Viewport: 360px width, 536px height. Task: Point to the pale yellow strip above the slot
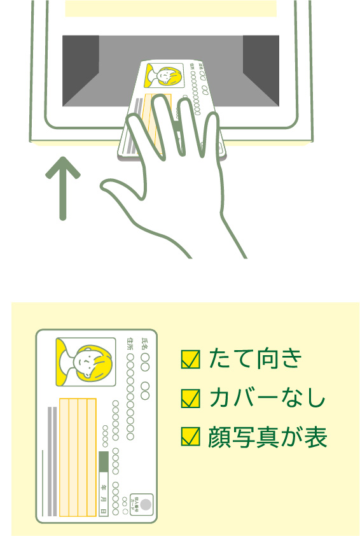[170, 8]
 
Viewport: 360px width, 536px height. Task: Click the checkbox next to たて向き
[190, 360]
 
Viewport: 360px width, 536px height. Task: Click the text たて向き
[254, 360]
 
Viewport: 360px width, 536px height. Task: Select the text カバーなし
[267, 398]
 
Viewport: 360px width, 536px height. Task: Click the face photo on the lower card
[85, 362]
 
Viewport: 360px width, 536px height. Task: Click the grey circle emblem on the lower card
[146, 504]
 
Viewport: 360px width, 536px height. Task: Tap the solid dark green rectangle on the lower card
[104, 462]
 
